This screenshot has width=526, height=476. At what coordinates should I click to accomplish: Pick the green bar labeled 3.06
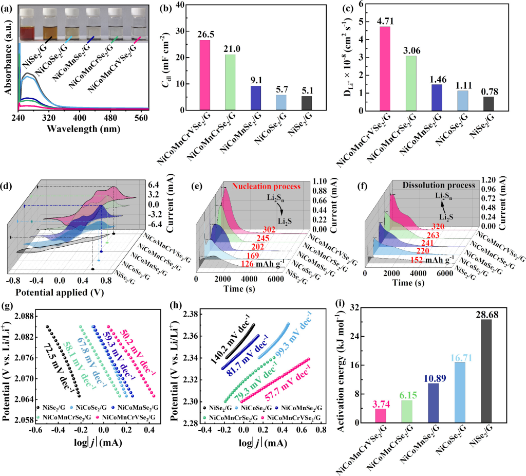click(x=411, y=83)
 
